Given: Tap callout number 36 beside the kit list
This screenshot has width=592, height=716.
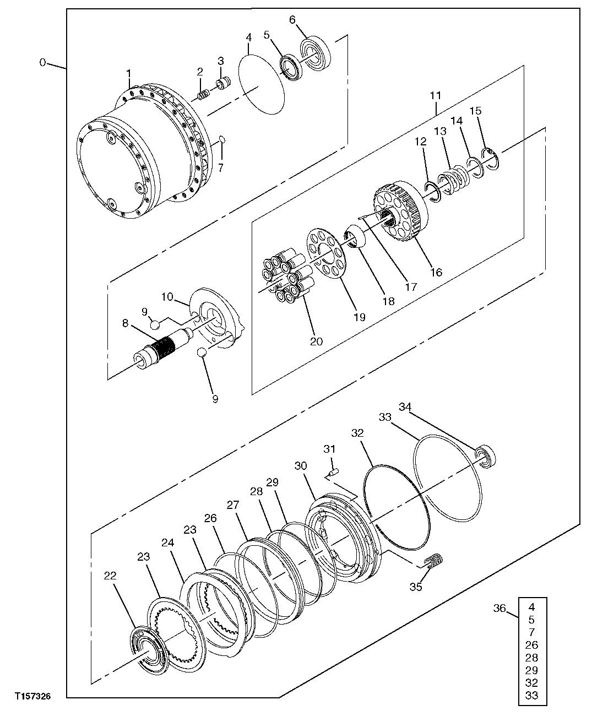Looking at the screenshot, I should tap(499, 608).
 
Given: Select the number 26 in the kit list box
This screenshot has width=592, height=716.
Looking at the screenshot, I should tap(532, 645).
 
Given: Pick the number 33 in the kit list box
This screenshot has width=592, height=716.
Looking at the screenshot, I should tap(532, 696).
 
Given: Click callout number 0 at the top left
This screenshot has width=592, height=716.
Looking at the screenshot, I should tap(42, 62).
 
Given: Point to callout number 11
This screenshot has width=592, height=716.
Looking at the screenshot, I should tap(436, 95).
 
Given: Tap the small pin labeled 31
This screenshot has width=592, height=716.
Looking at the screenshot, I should tap(333, 471).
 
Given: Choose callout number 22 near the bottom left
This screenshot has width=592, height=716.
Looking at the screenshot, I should tap(110, 576).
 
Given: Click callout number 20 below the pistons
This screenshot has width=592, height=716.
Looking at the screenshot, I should tap(316, 341).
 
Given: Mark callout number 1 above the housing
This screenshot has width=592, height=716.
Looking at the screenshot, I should tap(129, 73).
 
